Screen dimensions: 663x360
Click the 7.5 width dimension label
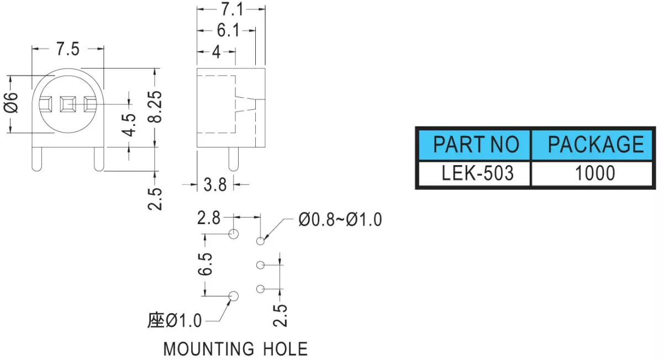click(x=68, y=49)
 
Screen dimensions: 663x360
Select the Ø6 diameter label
click(x=11, y=102)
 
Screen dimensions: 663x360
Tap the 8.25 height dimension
click(x=155, y=107)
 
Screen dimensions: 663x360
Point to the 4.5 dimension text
click(x=129, y=125)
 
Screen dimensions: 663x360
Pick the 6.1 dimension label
click(x=228, y=30)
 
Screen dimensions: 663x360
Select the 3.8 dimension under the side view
click(x=215, y=185)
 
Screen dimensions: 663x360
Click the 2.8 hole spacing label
click(x=209, y=218)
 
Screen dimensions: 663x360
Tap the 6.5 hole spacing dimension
click(x=205, y=264)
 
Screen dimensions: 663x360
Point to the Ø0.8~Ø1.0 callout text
click(x=340, y=220)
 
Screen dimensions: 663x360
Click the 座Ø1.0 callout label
click(x=175, y=320)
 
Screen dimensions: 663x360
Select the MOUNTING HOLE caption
click(x=235, y=349)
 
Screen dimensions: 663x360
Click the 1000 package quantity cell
click(x=592, y=173)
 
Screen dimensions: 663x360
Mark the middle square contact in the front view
click(x=68, y=104)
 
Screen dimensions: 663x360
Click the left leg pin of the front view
click(x=36, y=159)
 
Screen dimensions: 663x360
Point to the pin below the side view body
click(x=234, y=159)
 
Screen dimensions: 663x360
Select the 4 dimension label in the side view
click(x=217, y=52)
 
